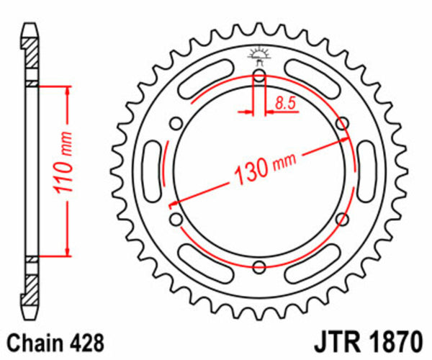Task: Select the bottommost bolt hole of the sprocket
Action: pos(259,267)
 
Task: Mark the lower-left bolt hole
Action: pos(175,219)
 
